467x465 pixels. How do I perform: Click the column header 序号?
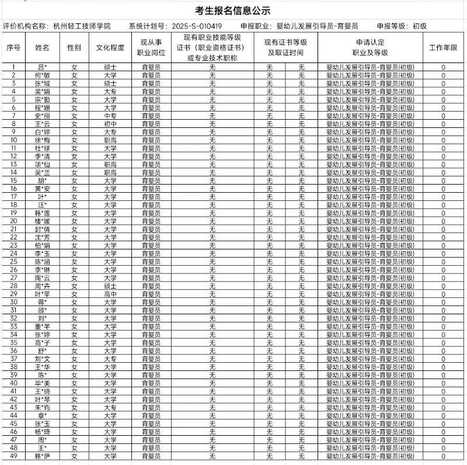13,47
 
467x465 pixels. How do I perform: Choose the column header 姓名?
42,47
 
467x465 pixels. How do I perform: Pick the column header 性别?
74,47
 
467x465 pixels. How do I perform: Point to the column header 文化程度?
110,47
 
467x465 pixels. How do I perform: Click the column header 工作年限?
443,47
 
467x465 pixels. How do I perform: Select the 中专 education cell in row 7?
110,116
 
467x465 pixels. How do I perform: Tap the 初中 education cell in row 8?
110,124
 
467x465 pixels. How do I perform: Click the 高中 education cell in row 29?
110,293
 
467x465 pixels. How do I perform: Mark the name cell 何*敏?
42,75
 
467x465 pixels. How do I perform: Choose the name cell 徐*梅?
42,140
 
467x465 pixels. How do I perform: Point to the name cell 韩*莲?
42,213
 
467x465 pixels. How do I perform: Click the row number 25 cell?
13,261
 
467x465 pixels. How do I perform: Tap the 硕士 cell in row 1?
110,67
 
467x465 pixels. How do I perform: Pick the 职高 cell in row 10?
110,140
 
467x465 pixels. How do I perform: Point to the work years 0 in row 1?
443,67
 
